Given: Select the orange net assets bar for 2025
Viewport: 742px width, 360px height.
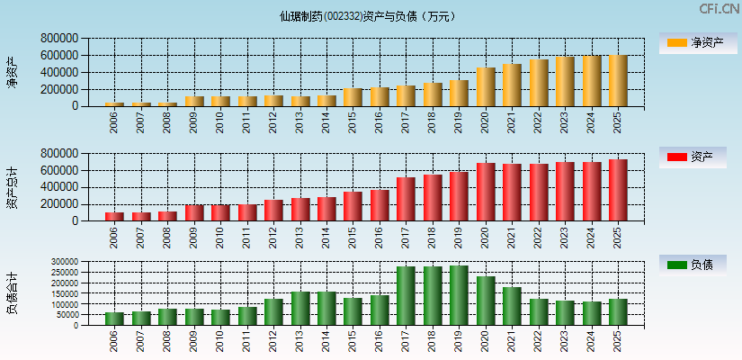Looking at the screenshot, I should (x=618, y=81).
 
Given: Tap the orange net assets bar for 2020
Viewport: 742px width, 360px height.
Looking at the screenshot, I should (x=486, y=87).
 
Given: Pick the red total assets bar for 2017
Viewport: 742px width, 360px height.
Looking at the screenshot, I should (x=406, y=199).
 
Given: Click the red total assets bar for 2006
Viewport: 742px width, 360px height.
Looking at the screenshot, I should (x=114, y=216).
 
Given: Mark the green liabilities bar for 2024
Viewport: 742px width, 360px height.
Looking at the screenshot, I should (x=592, y=313).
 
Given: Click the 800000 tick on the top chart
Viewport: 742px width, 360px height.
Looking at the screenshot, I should (x=58, y=39).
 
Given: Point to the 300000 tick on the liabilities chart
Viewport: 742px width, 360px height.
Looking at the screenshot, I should (x=64, y=262).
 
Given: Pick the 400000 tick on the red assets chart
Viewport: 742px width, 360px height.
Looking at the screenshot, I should (x=58, y=187).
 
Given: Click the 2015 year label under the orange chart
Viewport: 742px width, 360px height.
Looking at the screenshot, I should (x=353, y=121).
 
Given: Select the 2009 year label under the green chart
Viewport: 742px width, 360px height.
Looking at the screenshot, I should (x=193, y=341).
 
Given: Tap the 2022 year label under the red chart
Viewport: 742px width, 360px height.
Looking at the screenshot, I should (x=539, y=235).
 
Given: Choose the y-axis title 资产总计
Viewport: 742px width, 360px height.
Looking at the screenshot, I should (x=12, y=187).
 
